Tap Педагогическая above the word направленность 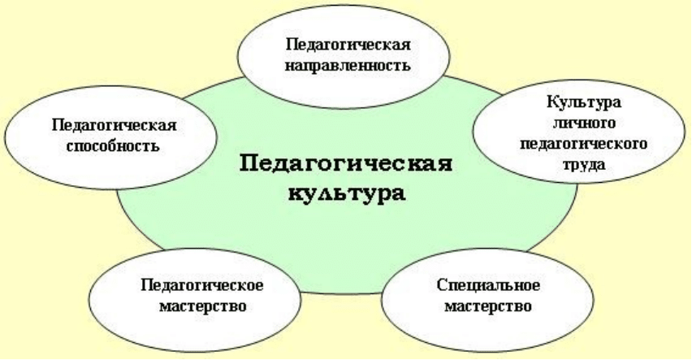[348, 45]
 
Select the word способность [113, 146]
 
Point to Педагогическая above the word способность [115, 125]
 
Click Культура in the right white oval [584, 103]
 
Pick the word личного [584, 123]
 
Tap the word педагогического [583, 145]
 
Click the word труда [584, 165]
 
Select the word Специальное [488, 286]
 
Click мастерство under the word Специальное [487, 306]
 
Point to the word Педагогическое [202, 286]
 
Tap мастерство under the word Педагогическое [202, 306]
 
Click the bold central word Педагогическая [346, 164]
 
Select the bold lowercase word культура [347, 193]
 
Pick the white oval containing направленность [344, 56]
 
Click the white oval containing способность [110, 137]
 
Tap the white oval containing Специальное [487, 300]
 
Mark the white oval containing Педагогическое [195, 300]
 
